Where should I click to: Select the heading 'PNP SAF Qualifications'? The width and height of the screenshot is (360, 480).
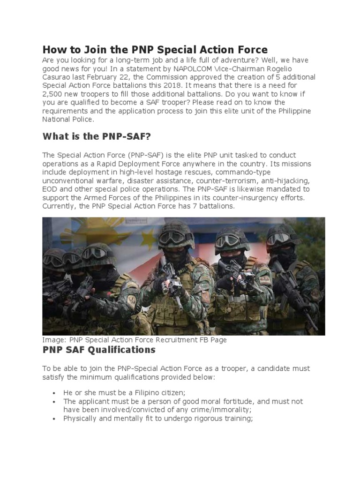(x=98, y=350)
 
